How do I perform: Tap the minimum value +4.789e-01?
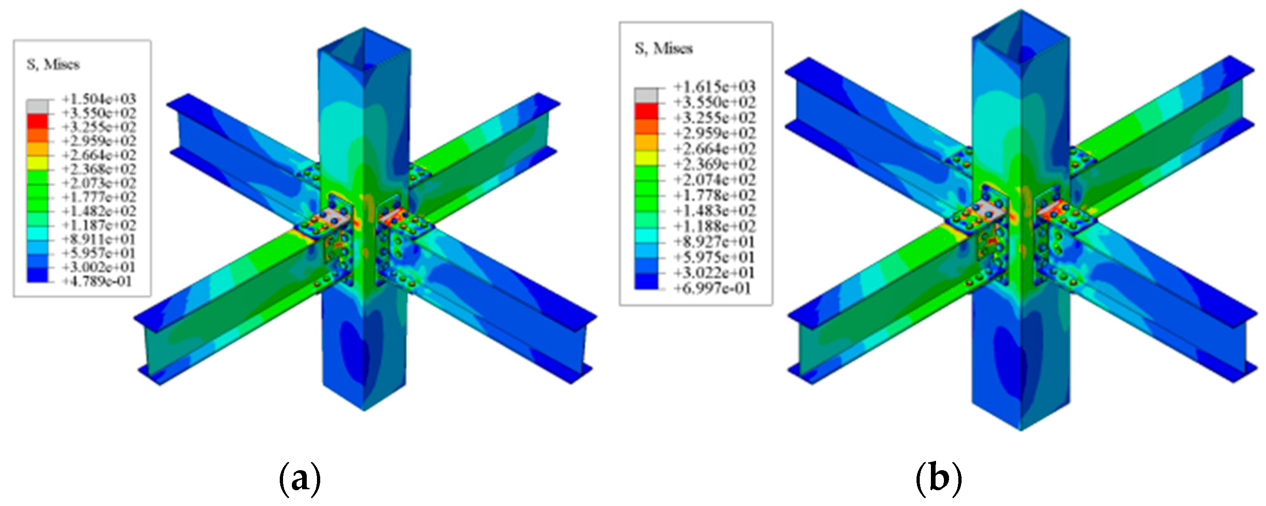[97, 282]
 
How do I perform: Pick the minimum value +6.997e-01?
[712, 288]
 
